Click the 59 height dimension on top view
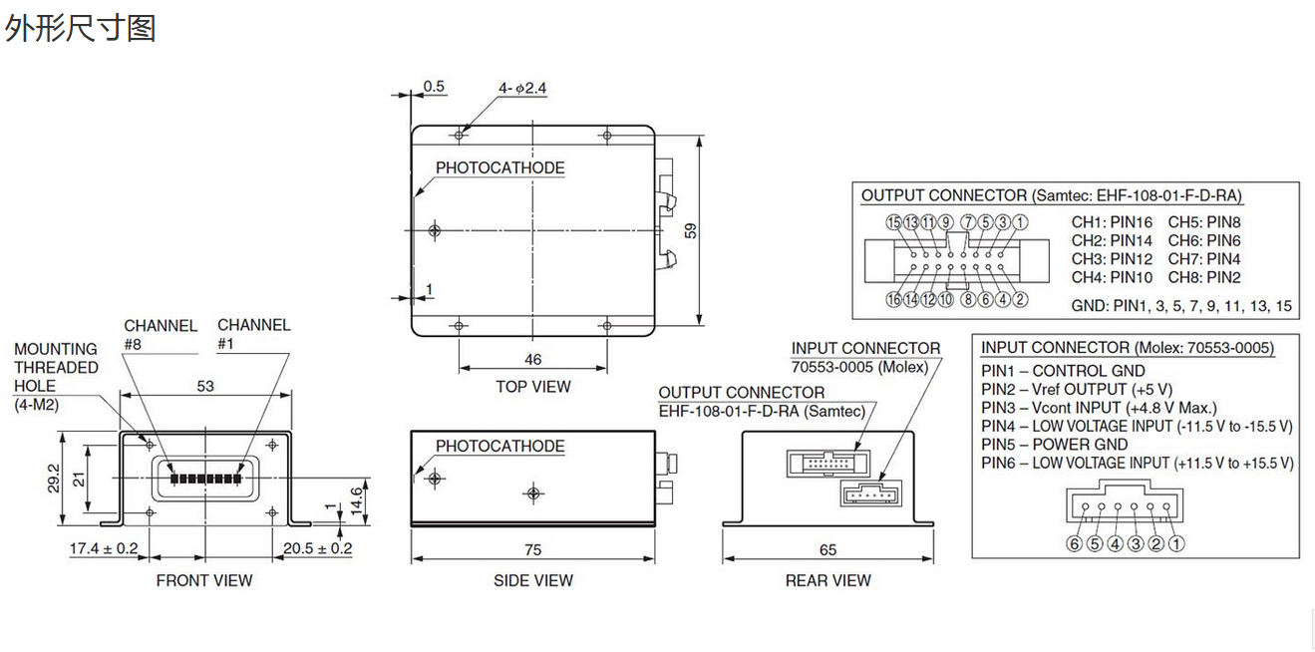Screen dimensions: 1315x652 pyautogui.click(x=691, y=230)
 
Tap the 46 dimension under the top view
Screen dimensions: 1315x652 pyautogui.click(x=533, y=359)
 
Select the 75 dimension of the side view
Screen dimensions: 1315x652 pyautogui.click(x=533, y=550)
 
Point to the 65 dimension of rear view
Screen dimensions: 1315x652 pyautogui.click(x=827, y=550)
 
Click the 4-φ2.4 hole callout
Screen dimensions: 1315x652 pyautogui.click(x=522, y=88)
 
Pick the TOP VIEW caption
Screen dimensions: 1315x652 pyautogui.click(x=533, y=387)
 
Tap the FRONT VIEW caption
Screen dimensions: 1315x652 pyautogui.click(x=204, y=580)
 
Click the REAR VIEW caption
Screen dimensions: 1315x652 pyautogui.click(x=828, y=580)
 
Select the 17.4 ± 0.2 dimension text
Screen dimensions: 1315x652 pyautogui.click(x=104, y=548)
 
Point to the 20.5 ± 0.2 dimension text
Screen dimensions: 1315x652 pyautogui.click(x=318, y=548)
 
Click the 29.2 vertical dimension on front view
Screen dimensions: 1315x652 pyautogui.click(x=54, y=479)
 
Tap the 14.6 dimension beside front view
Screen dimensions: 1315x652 pyautogui.click(x=356, y=500)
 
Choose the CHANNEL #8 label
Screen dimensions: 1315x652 pyautogui.click(x=161, y=335)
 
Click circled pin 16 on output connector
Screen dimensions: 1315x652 pyautogui.click(x=893, y=299)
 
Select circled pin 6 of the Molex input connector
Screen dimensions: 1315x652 pyautogui.click(x=1075, y=544)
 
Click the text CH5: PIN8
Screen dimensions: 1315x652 pyautogui.click(x=1204, y=222)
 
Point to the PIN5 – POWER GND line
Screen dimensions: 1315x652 pyautogui.click(x=1055, y=445)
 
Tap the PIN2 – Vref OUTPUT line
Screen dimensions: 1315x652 pyautogui.click(x=1077, y=389)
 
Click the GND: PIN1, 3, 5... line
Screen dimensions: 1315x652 pyautogui.click(x=1181, y=306)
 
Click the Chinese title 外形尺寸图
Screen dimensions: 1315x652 pyautogui.click(x=81, y=28)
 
